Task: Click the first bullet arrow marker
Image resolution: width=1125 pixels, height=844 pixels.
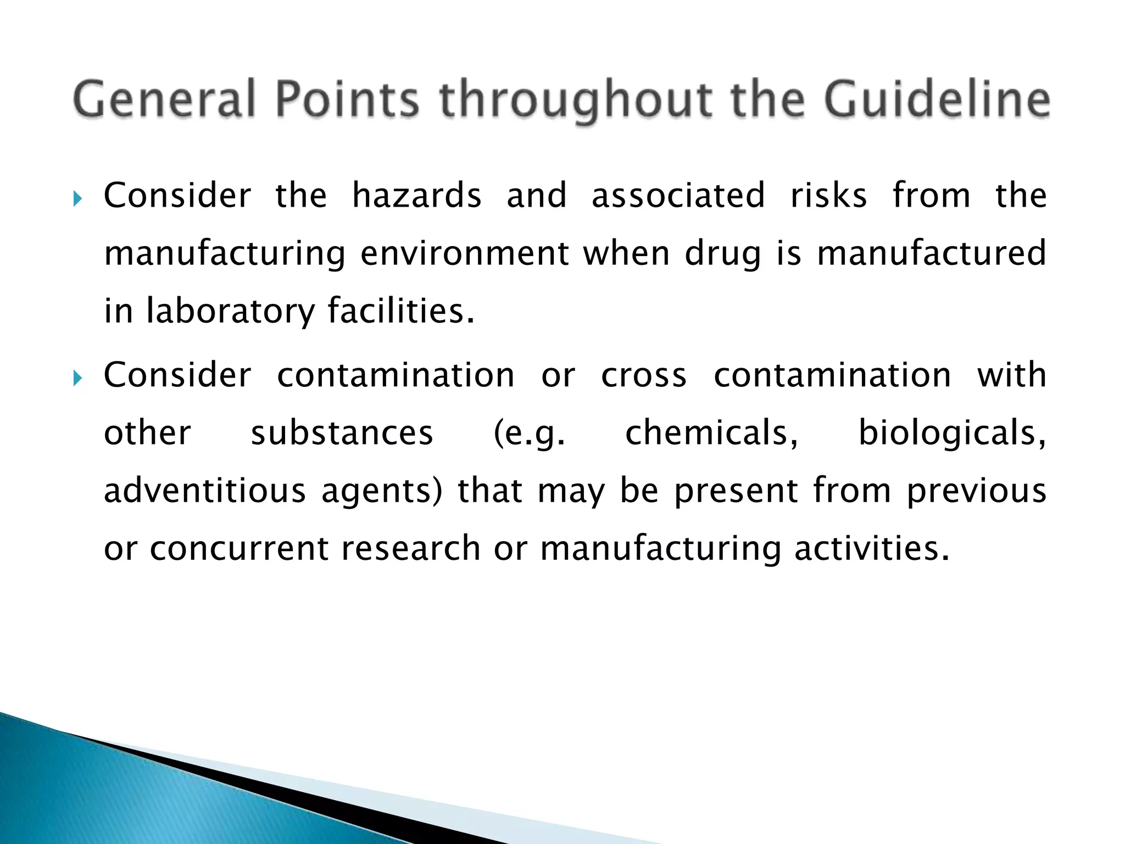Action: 77,198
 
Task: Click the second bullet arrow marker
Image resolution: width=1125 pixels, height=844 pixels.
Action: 77,377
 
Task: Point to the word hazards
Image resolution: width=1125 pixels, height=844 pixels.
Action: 416,196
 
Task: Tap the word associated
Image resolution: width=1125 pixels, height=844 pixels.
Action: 678,196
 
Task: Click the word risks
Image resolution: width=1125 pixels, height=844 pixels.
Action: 829,196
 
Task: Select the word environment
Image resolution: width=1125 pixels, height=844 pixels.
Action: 465,254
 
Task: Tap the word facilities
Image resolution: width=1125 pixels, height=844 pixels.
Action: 400,311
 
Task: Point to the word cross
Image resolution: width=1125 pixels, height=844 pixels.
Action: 644,376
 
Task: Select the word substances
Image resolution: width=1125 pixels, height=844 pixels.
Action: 342,433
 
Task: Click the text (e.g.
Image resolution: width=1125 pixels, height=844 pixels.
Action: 529,434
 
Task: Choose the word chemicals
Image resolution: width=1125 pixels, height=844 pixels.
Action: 711,433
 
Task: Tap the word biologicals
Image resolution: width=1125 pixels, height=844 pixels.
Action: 952,434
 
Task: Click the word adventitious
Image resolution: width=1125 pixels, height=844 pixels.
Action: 204,491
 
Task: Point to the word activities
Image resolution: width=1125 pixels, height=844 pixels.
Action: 872,548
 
